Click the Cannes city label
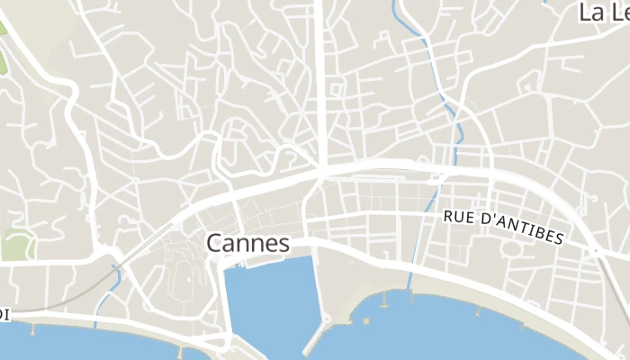(x=247, y=243)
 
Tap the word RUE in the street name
(x=460, y=218)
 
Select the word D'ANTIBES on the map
(x=523, y=229)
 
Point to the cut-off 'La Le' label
(x=604, y=13)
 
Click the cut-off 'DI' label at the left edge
(x=4, y=314)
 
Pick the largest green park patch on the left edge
(x=16, y=244)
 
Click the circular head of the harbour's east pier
(x=327, y=319)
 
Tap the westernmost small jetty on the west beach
(x=33, y=329)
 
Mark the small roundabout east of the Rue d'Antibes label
(x=594, y=249)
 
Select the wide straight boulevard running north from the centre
(x=319, y=81)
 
